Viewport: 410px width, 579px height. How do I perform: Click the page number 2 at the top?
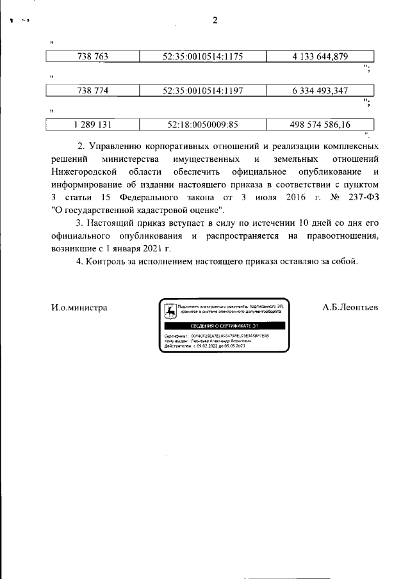click(x=215, y=20)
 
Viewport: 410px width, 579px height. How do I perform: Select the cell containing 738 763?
click(x=93, y=57)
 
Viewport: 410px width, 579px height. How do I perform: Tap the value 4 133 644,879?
click(x=320, y=57)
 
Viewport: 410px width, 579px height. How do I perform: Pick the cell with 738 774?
click(x=93, y=91)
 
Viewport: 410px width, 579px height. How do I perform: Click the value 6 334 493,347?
click(x=320, y=91)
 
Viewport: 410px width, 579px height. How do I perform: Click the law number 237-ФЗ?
click(x=363, y=198)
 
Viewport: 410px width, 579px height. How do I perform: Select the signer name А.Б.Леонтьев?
click(x=350, y=308)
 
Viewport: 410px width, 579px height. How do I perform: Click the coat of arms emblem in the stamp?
click(x=170, y=311)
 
